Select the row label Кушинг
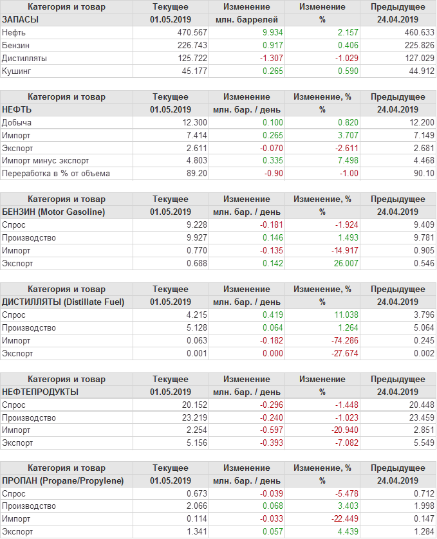point(15,71)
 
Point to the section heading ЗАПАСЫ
point(21,19)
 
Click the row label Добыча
point(17,122)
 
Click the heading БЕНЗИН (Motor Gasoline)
point(53,212)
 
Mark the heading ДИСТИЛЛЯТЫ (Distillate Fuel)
point(63,302)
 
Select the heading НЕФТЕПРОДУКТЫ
point(41,392)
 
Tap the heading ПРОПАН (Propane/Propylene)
point(62,480)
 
